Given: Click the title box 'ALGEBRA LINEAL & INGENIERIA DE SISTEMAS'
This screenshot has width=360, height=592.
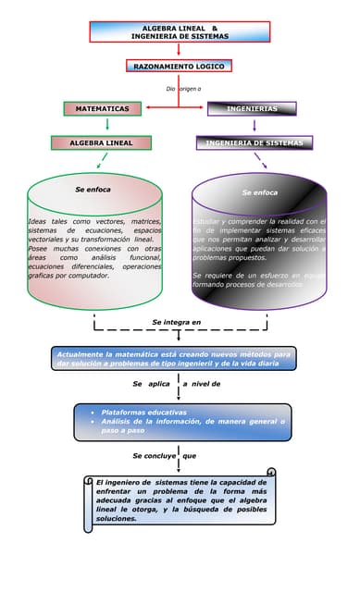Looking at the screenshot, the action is (180, 31).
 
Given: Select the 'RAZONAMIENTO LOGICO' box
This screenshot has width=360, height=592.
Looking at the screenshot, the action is (180, 67).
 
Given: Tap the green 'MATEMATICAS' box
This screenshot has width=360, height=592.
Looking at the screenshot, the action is (102, 108).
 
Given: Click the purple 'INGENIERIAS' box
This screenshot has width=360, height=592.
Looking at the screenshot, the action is (252, 108).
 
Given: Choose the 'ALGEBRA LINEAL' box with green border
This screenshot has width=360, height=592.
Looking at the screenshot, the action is (102, 143).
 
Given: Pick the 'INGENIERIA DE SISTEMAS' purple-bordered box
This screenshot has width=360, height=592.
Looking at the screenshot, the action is (254, 143).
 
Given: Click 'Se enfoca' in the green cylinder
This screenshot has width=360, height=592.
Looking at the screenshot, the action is (93, 189).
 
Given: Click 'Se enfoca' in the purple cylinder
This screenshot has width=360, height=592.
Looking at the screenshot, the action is (259, 192).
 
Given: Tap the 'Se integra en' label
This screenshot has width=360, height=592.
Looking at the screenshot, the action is (176, 322).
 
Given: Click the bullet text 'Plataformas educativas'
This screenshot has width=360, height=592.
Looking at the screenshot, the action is (143, 412).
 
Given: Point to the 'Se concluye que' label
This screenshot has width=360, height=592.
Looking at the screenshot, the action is (164, 455).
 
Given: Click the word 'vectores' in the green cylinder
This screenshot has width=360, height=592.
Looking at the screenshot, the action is (115, 222).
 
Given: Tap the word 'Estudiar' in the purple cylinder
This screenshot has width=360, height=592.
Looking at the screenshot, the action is (207, 222).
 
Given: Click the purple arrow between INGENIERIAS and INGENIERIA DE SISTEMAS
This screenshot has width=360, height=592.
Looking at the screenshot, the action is (254, 125).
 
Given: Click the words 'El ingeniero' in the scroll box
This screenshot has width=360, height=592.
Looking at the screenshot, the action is (118, 482).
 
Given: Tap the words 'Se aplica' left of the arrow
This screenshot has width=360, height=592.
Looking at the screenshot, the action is (151, 383).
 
